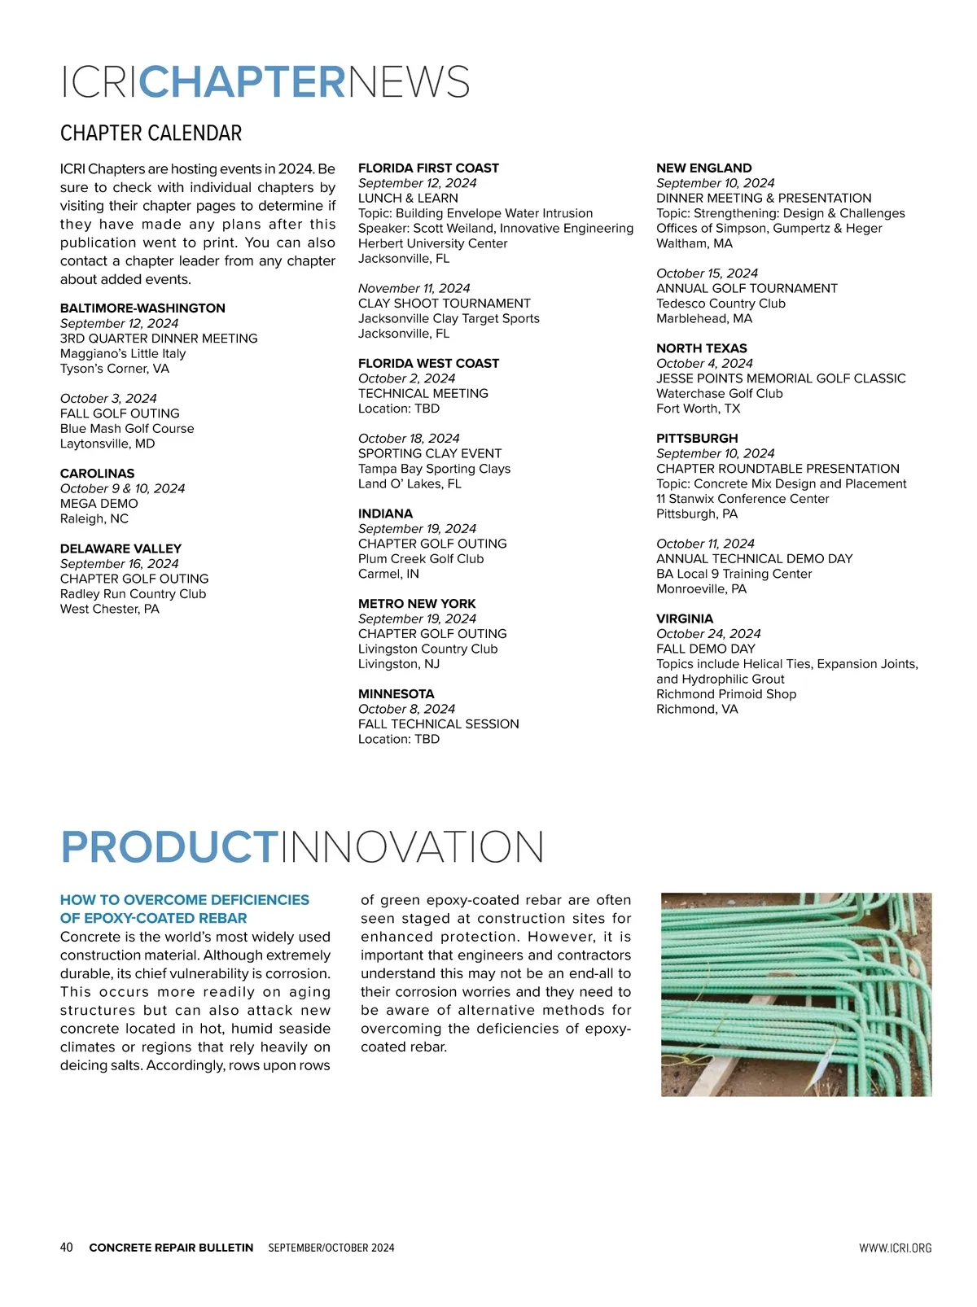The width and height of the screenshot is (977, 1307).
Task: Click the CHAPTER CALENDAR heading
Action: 151,133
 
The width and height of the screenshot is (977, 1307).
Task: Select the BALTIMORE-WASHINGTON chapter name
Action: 142,308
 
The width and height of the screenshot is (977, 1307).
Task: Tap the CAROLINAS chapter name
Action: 97,474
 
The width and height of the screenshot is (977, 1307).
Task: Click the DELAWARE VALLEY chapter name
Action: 120,549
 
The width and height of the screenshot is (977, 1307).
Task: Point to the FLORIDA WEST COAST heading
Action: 428,364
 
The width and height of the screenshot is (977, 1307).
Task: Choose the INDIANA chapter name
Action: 385,514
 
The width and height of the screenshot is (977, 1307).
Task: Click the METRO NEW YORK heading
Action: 417,604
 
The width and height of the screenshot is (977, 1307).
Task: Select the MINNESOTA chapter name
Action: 396,694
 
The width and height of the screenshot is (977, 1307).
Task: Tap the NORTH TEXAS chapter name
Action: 701,348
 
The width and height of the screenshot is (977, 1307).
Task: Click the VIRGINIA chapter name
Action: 684,619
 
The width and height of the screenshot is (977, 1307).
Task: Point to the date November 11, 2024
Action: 414,288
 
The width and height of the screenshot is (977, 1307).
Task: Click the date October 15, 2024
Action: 707,273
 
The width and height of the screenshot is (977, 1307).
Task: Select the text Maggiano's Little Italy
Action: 123,353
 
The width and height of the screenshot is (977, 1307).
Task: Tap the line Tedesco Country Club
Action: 721,304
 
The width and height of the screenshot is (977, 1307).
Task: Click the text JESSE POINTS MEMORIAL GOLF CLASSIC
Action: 781,378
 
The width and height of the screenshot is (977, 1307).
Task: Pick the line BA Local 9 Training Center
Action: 734,574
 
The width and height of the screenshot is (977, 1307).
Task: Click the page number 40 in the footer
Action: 67,1248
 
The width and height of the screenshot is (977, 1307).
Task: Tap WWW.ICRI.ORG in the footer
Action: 895,1248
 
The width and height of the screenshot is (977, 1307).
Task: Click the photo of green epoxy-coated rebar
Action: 795,994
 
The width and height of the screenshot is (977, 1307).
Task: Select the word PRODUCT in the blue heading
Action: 169,847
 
